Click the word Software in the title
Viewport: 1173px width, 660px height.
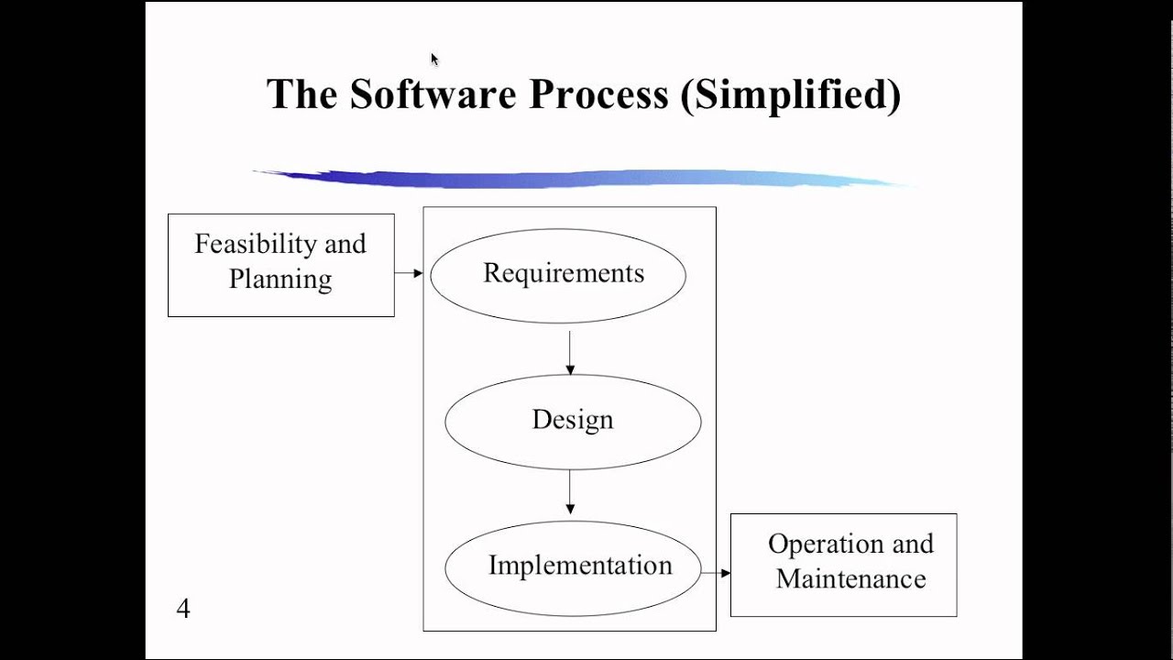coord(433,94)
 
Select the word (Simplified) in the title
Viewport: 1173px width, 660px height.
coord(791,94)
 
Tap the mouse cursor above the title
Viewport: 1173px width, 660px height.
coord(434,60)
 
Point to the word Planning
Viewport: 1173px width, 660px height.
coord(280,279)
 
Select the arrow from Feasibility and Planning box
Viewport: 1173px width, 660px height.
coord(409,273)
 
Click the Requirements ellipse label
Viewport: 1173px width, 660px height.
coord(564,273)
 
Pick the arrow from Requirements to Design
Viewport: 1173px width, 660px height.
coord(570,352)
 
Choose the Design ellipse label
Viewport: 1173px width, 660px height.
coord(573,420)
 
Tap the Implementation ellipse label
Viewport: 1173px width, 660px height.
coord(580,566)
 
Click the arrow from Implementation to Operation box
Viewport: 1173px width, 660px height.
coord(716,573)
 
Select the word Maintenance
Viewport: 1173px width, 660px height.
coord(850,579)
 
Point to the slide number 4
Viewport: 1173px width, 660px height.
coord(183,609)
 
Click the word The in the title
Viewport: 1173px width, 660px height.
coord(302,94)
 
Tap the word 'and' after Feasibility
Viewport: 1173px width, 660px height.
coord(345,244)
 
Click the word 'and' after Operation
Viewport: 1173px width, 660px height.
coord(913,544)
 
